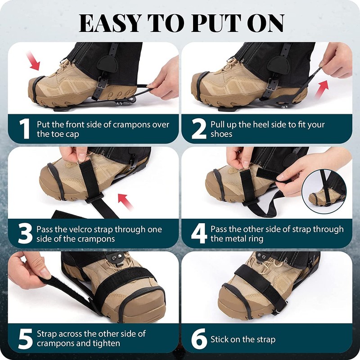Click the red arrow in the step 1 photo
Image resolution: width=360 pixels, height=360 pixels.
(34, 61)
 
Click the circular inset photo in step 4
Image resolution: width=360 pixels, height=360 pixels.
(324, 191)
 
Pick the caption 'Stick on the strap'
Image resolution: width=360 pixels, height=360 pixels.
(243, 339)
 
